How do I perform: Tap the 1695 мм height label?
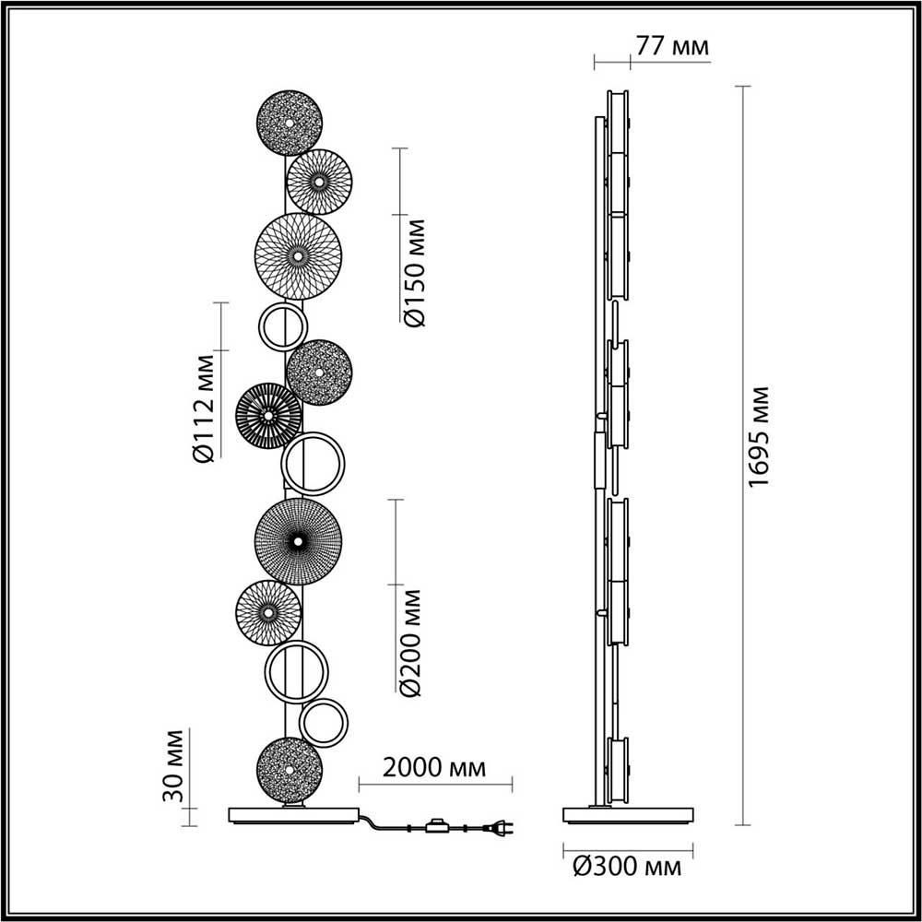tap(758, 437)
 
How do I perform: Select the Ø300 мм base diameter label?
tap(627, 868)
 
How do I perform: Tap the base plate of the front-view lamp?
tap(294, 815)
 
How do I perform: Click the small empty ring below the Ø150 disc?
tap(281, 326)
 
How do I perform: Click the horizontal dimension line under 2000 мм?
tap(435, 786)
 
